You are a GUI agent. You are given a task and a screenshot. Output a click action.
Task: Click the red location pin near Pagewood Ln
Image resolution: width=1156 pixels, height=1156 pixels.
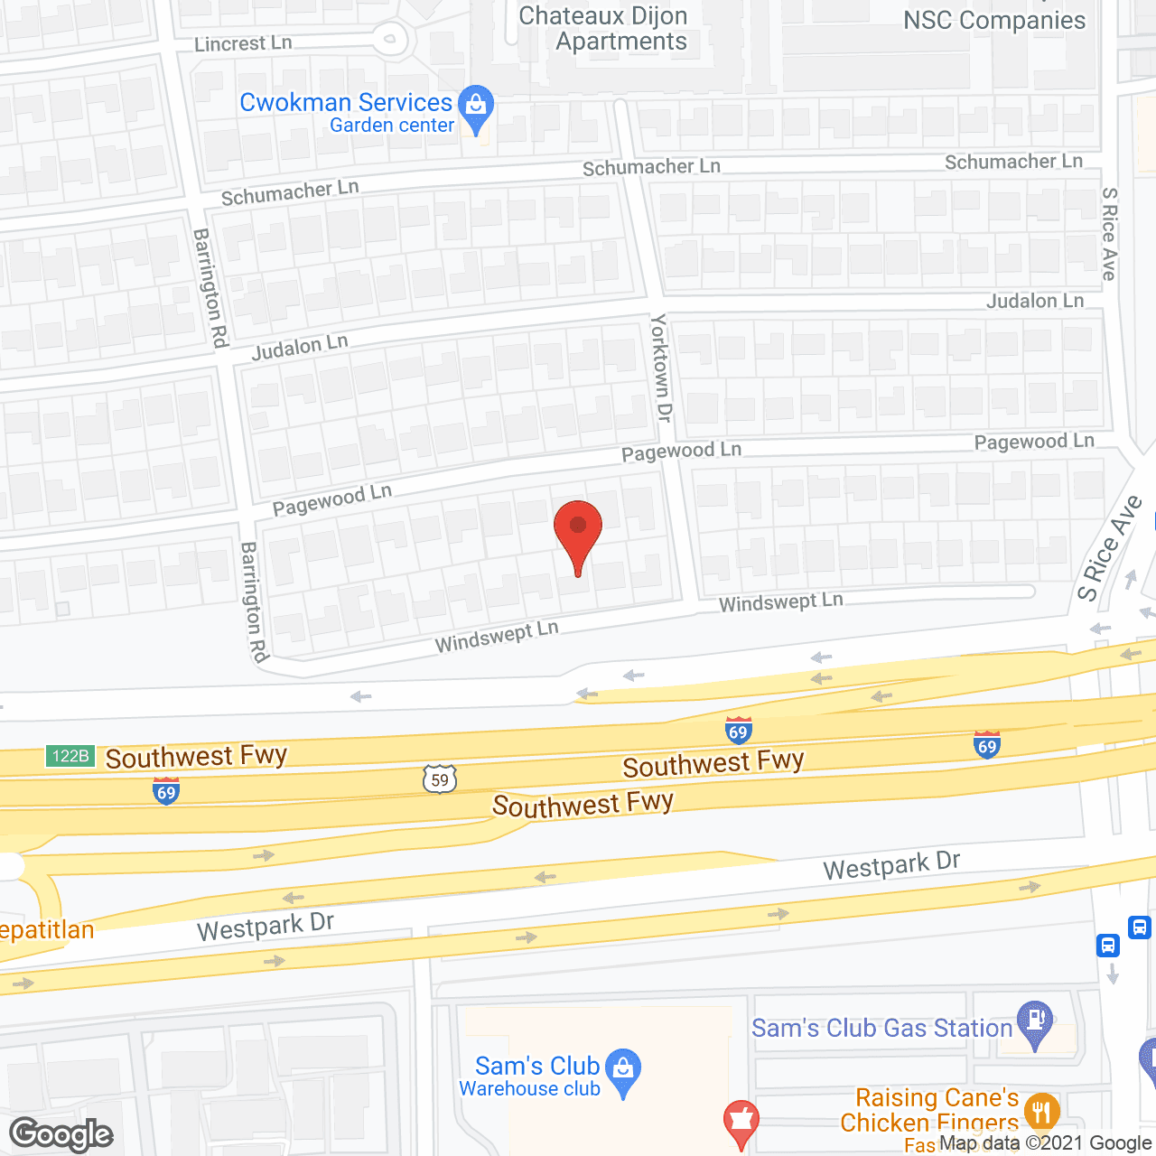[x=578, y=533]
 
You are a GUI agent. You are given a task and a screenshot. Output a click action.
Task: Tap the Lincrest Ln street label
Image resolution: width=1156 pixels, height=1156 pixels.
[x=243, y=43]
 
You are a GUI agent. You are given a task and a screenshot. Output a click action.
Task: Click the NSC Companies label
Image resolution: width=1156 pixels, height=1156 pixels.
[x=994, y=21]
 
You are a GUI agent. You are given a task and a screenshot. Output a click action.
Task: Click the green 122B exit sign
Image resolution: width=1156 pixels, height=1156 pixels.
[x=70, y=756]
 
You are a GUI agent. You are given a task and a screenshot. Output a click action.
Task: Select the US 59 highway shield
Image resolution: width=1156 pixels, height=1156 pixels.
[x=440, y=779]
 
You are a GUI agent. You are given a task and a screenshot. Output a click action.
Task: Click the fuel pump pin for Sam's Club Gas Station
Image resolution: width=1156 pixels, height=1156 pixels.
[x=1035, y=1022]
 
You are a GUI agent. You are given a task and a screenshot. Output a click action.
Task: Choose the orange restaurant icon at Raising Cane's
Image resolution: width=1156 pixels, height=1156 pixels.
[x=1042, y=1111]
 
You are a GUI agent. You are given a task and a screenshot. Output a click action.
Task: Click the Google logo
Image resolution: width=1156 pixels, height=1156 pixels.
[x=61, y=1134]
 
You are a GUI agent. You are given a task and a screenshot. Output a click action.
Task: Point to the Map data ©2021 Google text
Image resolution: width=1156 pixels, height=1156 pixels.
[x=1045, y=1143]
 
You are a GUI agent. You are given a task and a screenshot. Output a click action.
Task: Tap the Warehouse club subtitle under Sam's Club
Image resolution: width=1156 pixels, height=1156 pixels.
[x=529, y=1089]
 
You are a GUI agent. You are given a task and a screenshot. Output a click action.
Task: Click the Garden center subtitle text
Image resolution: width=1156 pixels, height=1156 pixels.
[x=391, y=126]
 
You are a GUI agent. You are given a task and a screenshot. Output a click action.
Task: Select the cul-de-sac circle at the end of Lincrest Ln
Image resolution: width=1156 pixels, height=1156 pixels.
[x=391, y=39]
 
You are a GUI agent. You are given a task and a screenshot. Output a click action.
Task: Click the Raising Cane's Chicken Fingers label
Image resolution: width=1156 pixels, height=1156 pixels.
[x=930, y=1110]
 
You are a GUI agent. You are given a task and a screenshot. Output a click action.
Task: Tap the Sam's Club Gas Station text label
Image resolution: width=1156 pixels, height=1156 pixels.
[x=881, y=1029]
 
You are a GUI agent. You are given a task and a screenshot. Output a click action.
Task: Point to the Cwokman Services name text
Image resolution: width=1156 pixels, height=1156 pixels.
[x=345, y=102]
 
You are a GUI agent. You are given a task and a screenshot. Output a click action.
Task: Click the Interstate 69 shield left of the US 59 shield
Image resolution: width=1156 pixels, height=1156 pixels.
[x=166, y=793]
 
